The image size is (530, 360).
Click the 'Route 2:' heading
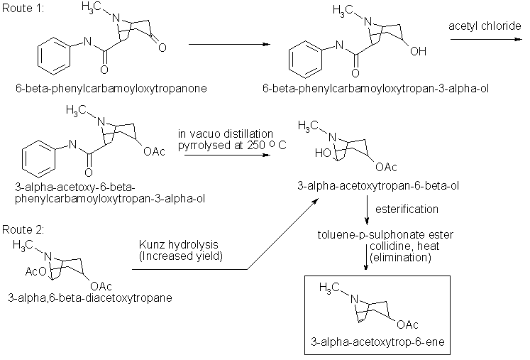(21, 229)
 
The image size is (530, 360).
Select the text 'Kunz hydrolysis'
(176, 244)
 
